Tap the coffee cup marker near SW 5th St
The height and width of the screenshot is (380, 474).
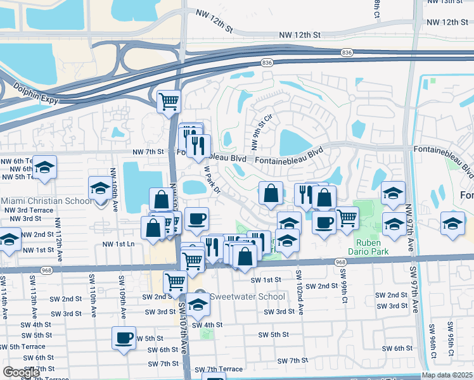coord(124,337)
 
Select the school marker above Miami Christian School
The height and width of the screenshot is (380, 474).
coord(99,188)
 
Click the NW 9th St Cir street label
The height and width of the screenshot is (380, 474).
coord(260,132)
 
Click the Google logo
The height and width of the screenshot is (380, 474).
coord(22,372)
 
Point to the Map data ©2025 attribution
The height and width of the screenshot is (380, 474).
coord(447,375)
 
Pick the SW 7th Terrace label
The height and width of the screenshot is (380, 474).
coord(219,369)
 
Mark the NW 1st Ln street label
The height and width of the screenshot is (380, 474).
coord(118,244)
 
